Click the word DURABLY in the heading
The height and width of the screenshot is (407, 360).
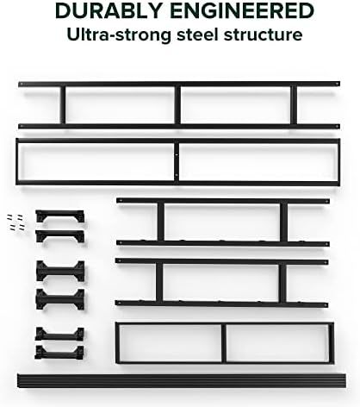[x=109, y=11]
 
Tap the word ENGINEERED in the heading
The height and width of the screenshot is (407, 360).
[x=242, y=11]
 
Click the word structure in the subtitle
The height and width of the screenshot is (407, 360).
[x=263, y=34]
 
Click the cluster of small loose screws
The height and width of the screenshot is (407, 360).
[x=16, y=222]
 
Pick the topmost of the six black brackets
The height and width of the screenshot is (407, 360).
[x=60, y=216]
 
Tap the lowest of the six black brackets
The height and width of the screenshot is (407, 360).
[x=59, y=353]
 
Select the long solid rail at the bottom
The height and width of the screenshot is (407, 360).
[x=182, y=380]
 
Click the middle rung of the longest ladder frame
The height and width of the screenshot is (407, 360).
[x=177, y=105]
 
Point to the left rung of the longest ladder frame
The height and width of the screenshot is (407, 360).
[x=63, y=105]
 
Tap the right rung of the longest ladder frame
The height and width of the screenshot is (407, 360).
[x=294, y=105]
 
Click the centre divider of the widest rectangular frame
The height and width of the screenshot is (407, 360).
[x=177, y=162]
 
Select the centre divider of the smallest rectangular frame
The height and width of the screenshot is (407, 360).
[x=224, y=343]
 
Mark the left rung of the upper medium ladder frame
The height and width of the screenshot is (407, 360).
[x=161, y=222]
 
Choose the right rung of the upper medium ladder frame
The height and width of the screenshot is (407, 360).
[x=283, y=222]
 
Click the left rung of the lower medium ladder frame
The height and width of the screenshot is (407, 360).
[x=159, y=282]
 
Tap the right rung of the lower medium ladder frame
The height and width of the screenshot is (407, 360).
[x=282, y=283]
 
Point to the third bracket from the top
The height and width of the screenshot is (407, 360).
[x=60, y=271]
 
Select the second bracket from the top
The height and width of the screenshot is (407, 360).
[x=60, y=236]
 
